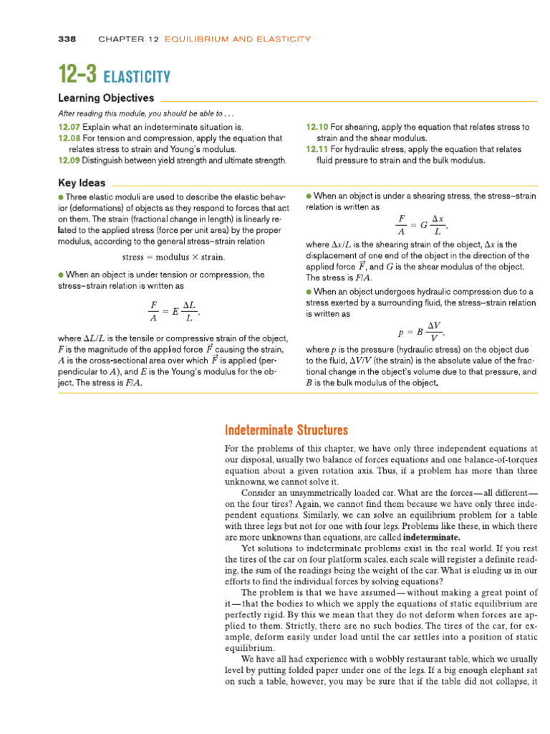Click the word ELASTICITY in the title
(x=137, y=77)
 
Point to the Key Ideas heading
(x=82, y=183)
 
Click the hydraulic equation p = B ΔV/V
(x=421, y=330)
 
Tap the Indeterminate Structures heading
(x=286, y=431)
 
